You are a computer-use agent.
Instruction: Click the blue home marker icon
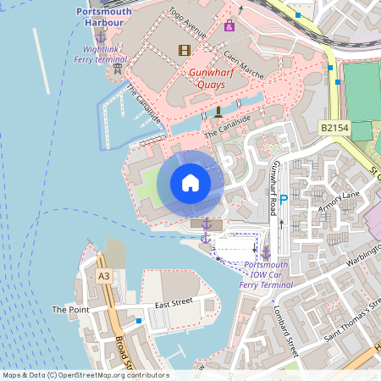(190, 182)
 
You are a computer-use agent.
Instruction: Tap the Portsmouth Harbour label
(104, 17)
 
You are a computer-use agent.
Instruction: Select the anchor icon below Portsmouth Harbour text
(101, 36)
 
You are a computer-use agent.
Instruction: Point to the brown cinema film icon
(185, 50)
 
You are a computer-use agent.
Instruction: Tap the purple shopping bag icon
(229, 25)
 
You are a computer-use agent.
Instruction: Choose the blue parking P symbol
(284, 199)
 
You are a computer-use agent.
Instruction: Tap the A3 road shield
(103, 276)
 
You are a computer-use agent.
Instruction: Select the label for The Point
(70, 310)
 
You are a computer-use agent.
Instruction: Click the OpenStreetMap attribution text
(85, 375)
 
